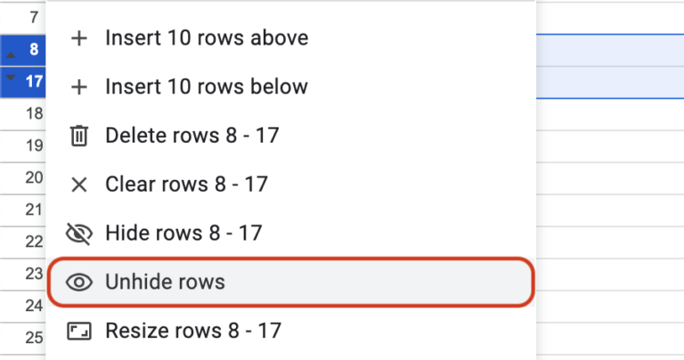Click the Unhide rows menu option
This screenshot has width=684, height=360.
(x=165, y=282)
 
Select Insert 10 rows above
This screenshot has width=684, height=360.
(x=207, y=38)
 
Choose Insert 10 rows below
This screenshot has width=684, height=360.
(x=207, y=86)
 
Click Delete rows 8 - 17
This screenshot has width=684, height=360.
(x=192, y=135)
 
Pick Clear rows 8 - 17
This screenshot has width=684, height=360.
(x=186, y=184)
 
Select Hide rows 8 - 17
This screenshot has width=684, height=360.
(x=183, y=233)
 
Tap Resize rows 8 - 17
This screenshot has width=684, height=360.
(x=193, y=331)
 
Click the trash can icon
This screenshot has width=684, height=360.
(x=79, y=135)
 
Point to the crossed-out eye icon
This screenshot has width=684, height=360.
(x=79, y=233)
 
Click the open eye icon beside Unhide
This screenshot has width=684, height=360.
(x=79, y=282)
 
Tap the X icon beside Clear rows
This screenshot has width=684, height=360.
(x=79, y=184)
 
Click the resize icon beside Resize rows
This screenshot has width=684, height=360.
(x=79, y=331)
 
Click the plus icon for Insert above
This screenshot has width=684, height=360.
(x=79, y=38)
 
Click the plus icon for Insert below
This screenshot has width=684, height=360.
(x=79, y=86)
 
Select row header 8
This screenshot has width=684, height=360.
(x=33, y=50)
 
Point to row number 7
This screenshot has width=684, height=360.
(x=34, y=17)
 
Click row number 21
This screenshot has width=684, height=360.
(x=34, y=209)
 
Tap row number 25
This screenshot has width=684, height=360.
(x=34, y=337)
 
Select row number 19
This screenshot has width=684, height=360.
(x=34, y=145)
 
